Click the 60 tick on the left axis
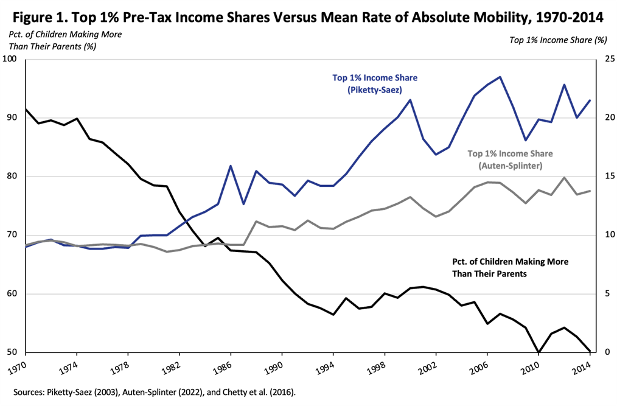pos(12,294)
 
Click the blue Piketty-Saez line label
pos(374,84)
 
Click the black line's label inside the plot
pos(510,267)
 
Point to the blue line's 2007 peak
pos(500,77)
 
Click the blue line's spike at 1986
pos(231,166)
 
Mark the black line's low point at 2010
pos(538,352)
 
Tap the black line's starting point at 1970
pos(26,110)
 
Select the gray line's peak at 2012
pos(564,178)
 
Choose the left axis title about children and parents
pos(65,40)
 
